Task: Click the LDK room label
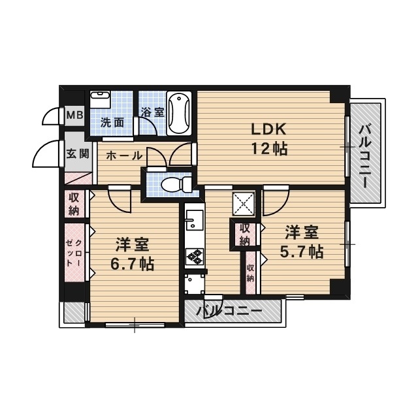pyautogui.click(x=268, y=129)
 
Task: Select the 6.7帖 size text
pyautogui.click(x=132, y=264)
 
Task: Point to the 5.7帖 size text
pyautogui.click(x=302, y=251)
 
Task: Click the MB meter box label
pyautogui.click(x=74, y=116)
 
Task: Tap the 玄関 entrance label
pyautogui.click(x=78, y=153)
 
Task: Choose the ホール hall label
pyautogui.click(x=124, y=155)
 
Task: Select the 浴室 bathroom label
pyautogui.click(x=153, y=112)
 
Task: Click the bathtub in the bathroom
pyautogui.click(x=179, y=113)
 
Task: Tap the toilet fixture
pyautogui.click(x=176, y=184)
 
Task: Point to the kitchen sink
pyautogui.click(x=195, y=219)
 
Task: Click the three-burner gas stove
pyautogui.click(x=195, y=257)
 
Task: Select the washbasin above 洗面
pyautogui.click(x=100, y=99)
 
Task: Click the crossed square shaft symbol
pyautogui.click(x=244, y=203)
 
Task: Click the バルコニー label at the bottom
pyautogui.click(x=229, y=311)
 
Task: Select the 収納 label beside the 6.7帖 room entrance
pyautogui.click(x=74, y=204)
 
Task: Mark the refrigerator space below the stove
pyautogui.click(x=195, y=283)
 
